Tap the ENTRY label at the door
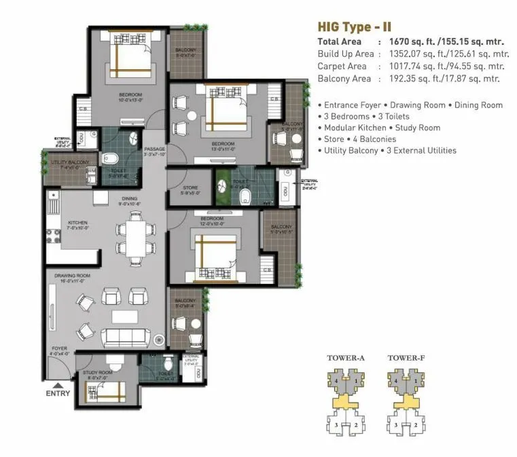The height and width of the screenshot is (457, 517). tap(58, 393)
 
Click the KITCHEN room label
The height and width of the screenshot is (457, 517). tap(78, 222)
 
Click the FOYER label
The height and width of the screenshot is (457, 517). tap(59, 349)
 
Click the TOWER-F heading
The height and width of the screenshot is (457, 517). tap(406, 358)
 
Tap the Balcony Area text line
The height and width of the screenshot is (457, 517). tap(408, 79)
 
